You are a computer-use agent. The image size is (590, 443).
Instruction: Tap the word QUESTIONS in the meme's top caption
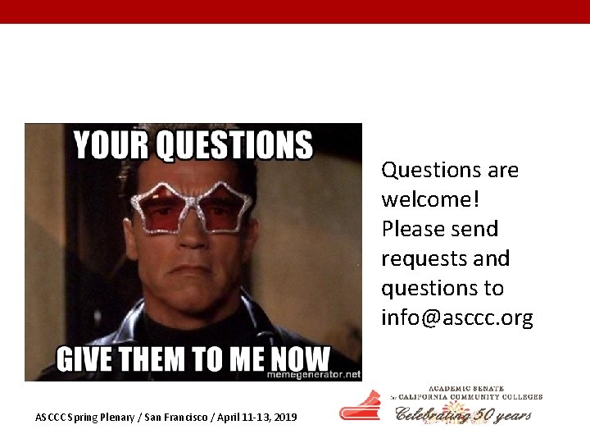234,145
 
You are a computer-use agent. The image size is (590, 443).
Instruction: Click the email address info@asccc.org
456,317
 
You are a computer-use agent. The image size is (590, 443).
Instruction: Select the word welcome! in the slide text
421,199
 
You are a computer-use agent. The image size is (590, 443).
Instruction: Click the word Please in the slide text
415,229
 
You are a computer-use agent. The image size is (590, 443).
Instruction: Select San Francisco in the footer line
178,418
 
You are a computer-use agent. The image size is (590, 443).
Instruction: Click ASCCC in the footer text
51,418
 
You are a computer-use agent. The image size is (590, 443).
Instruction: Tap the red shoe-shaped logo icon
361,405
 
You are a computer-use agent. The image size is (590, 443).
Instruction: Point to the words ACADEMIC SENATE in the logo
465,389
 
